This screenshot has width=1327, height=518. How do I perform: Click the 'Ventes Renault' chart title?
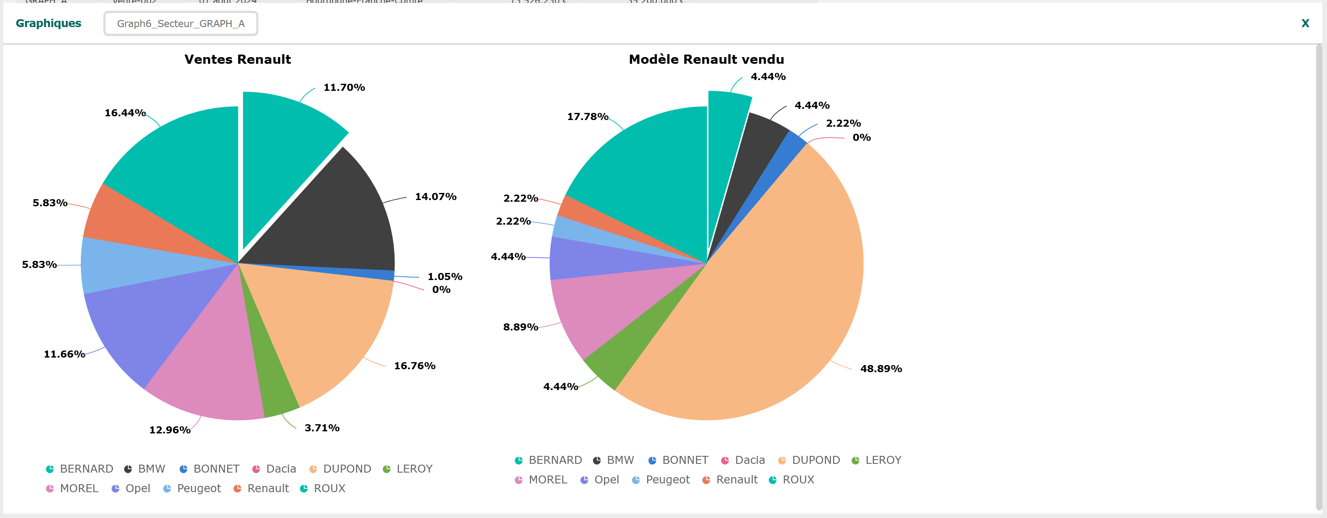pos(238,59)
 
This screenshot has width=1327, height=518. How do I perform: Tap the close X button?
pos(1305,23)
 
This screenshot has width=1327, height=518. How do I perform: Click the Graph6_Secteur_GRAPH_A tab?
pos(181,24)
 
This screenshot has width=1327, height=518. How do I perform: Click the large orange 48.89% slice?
pos(773,309)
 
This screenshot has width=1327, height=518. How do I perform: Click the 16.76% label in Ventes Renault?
pos(414,365)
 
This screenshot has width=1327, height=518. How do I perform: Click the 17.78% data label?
pos(587,117)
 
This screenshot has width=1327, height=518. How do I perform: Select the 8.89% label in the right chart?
pos(520,327)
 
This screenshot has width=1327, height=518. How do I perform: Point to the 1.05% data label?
pos(445,277)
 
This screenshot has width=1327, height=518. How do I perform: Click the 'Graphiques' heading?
pos(48,23)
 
